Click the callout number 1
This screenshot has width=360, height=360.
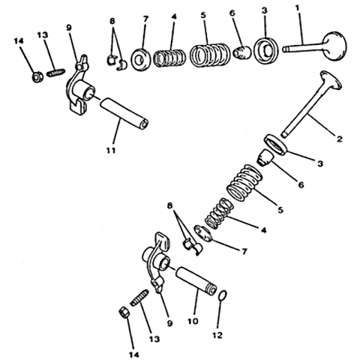pyautogui.click(x=297, y=8)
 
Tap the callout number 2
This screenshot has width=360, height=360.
pyautogui.click(x=339, y=139)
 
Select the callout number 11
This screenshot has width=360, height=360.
pyautogui.click(x=111, y=151)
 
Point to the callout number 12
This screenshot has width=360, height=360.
pyautogui.click(x=217, y=335)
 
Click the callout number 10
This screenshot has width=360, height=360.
pyautogui.click(x=193, y=321)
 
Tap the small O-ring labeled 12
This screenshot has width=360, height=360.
pyautogui.click(x=223, y=295)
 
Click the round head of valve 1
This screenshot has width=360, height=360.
pyautogui.click(x=334, y=46)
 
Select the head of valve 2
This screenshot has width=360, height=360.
pyautogui.click(x=331, y=79)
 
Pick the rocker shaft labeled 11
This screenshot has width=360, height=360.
pyautogui.click(x=124, y=114)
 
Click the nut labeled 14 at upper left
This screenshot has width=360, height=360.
pyautogui.click(x=37, y=76)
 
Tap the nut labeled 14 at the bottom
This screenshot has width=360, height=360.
pyautogui.click(x=124, y=312)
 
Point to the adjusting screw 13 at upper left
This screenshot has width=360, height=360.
pyautogui.click(x=56, y=73)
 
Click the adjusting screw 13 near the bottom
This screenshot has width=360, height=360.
pyautogui.click(x=139, y=298)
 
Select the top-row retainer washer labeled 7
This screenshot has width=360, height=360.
pyautogui.click(x=140, y=60)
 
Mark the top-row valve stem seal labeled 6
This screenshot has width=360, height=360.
pyautogui.click(x=242, y=52)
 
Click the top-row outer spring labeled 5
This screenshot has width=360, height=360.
pyautogui.click(x=209, y=55)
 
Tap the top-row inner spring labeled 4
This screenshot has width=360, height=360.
pyautogui.click(x=169, y=58)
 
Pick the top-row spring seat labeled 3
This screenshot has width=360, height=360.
pyautogui.click(x=266, y=50)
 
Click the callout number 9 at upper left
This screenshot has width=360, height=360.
pyautogui.click(x=69, y=28)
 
